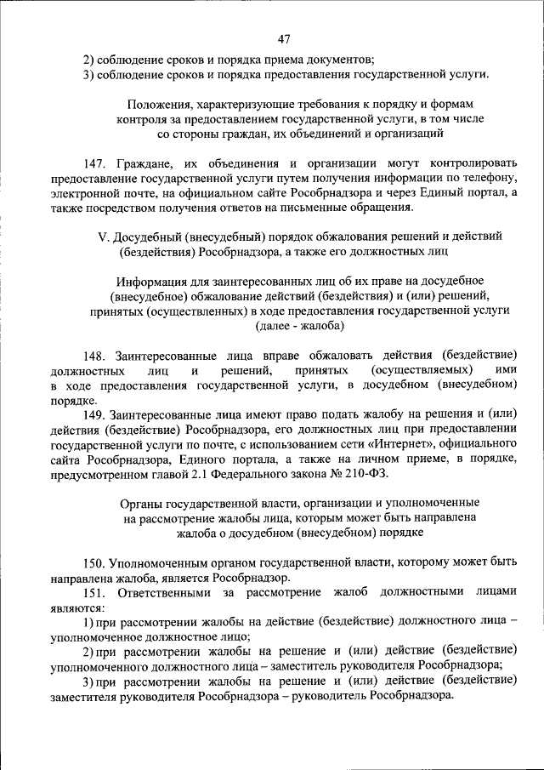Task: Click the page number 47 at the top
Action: pyautogui.click(x=284, y=38)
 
